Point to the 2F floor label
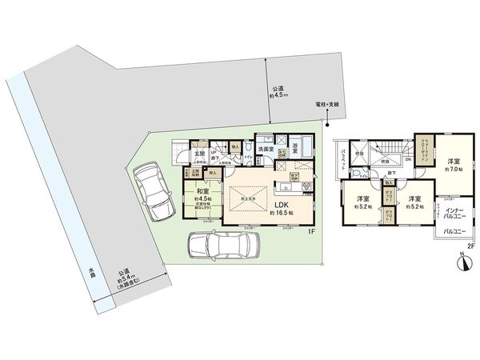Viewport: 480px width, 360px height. [x=470, y=246]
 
